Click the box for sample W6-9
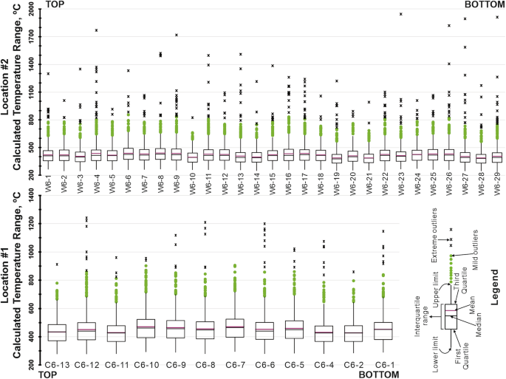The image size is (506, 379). click(177, 154)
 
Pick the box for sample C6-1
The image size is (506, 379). click(383, 330)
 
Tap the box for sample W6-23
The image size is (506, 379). click(401, 156)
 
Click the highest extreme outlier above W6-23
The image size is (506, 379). click(401, 14)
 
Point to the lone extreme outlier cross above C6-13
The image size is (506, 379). click(57, 264)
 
